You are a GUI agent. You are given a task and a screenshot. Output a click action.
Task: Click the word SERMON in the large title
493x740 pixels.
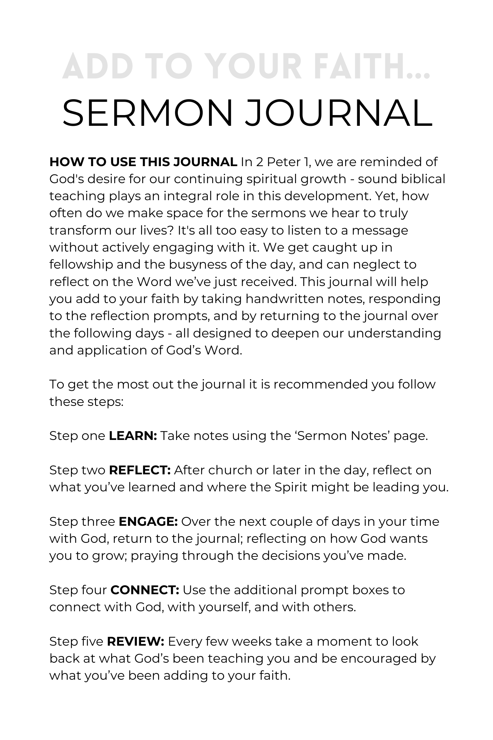click(x=148, y=113)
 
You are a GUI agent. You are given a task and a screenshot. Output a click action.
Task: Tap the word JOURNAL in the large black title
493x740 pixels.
click(x=338, y=113)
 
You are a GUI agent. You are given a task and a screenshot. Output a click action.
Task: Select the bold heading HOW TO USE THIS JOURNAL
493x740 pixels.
click(x=143, y=162)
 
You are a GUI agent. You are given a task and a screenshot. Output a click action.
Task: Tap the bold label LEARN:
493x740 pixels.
click(x=133, y=436)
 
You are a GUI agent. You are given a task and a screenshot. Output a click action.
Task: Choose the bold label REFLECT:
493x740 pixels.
click(x=140, y=470)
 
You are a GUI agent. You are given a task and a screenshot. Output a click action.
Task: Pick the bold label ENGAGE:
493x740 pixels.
click(x=148, y=521)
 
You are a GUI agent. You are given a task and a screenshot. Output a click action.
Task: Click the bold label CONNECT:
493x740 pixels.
click(x=145, y=590)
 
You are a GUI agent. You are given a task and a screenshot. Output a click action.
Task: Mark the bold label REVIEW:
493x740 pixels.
click(x=136, y=641)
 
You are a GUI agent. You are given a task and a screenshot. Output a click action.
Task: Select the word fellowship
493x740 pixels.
click(x=81, y=265)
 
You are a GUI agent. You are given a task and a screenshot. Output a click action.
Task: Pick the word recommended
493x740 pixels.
click(x=321, y=384)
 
